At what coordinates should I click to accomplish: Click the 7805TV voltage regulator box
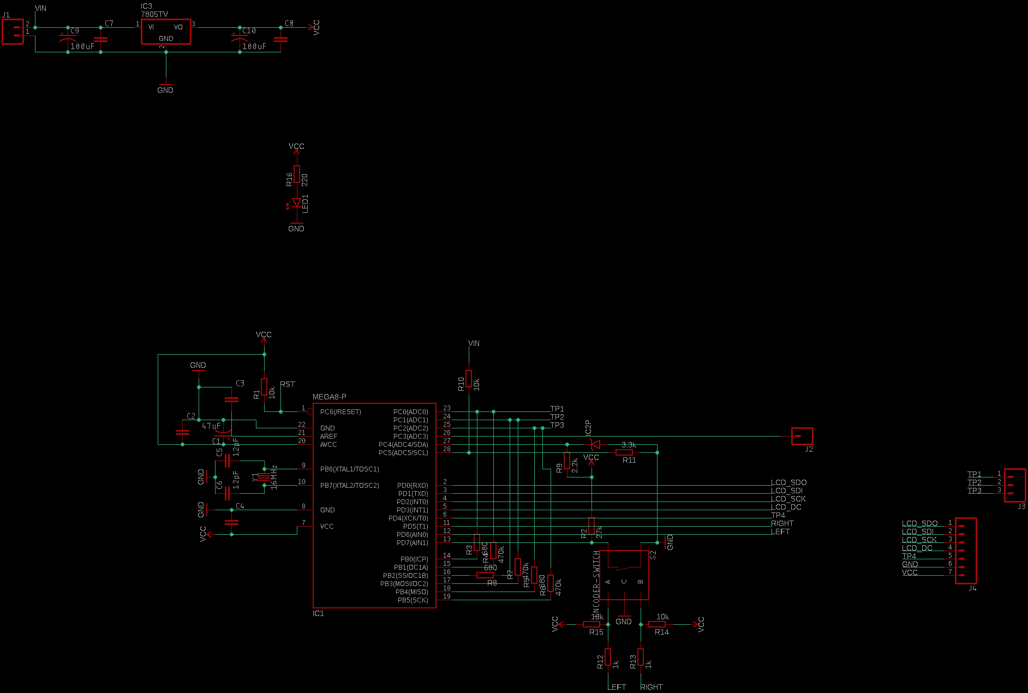pos(166,32)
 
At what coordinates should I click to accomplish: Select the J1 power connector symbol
pos(13,32)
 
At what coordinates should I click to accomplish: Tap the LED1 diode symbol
pos(296,202)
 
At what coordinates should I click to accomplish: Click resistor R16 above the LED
pos(296,174)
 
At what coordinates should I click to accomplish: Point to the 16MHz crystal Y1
pos(264,477)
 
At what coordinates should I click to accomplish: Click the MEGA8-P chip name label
pos(329,397)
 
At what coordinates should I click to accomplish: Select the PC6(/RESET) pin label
pos(340,412)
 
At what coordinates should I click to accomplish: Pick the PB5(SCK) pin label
pos(413,600)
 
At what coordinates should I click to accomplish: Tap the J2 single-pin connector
pos(802,436)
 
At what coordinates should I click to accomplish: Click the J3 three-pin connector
pos(1015,485)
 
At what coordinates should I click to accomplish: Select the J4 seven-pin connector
pos(966,551)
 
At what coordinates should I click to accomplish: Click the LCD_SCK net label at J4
pos(919,540)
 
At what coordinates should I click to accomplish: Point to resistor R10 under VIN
pos(469,379)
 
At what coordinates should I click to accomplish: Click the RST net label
pos(288,384)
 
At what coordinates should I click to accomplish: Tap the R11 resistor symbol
pos(624,452)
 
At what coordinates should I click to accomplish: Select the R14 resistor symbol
pos(657,624)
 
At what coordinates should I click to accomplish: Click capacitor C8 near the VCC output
pos(280,39)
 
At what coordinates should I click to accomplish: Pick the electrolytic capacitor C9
pos(68,39)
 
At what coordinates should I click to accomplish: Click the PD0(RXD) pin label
pos(413,486)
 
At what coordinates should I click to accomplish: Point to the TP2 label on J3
pos(974,482)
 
